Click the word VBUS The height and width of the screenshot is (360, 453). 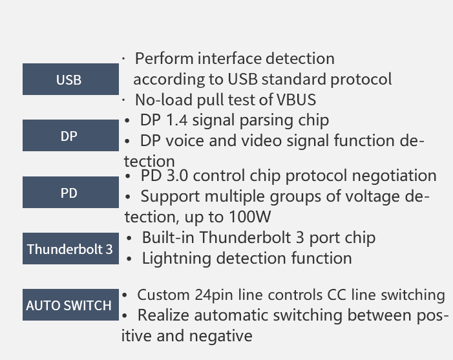296,100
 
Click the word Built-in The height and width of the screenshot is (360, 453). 169,237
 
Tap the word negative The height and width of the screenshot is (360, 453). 220,336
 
